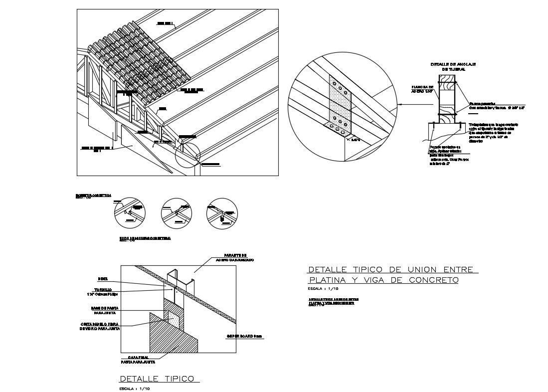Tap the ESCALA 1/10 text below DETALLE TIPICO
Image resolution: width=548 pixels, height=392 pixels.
pyautogui.click(x=135, y=388)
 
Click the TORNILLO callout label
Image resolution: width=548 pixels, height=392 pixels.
pyautogui.click(x=107, y=290)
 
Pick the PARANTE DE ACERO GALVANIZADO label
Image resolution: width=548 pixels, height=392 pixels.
pyautogui.click(x=234, y=257)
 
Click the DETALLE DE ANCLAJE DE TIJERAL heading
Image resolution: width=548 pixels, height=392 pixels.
pyautogui.click(x=447, y=67)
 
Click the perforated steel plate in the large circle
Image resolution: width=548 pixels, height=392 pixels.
pyautogui.click(x=340, y=105)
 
